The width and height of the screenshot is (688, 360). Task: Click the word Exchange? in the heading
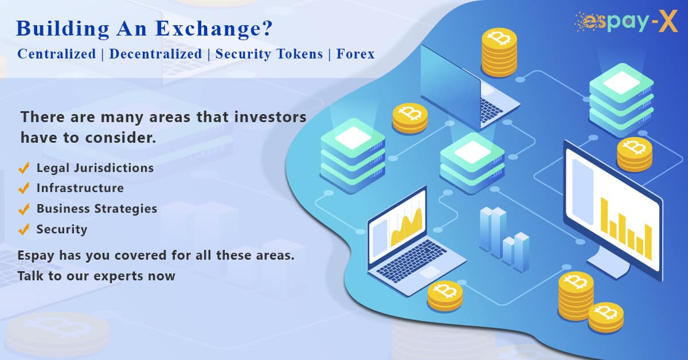[x=214, y=29]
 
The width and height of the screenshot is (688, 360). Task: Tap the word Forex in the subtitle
[x=355, y=54]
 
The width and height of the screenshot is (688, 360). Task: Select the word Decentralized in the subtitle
[x=156, y=54]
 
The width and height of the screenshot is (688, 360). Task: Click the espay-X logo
[x=626, y=21]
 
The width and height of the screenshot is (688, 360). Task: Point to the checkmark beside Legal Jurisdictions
[x=24, y=168]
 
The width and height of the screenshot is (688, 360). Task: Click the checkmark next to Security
[x=24, y=229]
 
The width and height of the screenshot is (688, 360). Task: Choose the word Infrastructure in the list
[x=80, y=188]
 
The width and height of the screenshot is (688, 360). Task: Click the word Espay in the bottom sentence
[x=36, y=256]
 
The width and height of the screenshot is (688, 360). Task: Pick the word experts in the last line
[x=119, y=276]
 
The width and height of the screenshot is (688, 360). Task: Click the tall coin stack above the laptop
[x=499, y=53]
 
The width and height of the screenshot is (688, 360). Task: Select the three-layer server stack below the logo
[x=621, y=100]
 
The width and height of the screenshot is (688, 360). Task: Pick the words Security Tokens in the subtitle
[x=269, y=54]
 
